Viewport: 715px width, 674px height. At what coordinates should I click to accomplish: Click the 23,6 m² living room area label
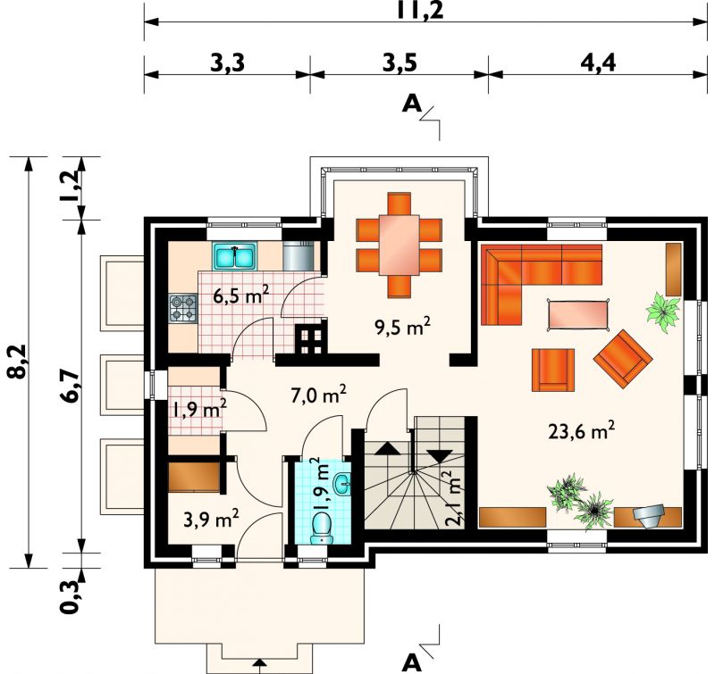[582, 431]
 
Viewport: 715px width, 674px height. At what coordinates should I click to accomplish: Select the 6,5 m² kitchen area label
[241, 295]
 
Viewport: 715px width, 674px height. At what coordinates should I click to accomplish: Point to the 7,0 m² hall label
[319, 394]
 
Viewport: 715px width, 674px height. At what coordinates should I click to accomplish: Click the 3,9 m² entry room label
[211, 519]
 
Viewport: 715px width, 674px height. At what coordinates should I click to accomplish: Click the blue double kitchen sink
[234, 256]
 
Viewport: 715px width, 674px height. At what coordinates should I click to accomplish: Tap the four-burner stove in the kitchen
[183, 308]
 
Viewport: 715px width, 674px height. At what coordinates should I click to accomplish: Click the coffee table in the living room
[578, 313]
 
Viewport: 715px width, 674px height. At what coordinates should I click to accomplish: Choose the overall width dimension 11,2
[419, 11]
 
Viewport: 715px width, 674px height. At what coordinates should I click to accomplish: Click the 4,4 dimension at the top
[598, 62]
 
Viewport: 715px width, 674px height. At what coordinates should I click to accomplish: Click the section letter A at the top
[412, 104]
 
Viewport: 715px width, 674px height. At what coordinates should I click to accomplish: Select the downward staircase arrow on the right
[441, 456]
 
